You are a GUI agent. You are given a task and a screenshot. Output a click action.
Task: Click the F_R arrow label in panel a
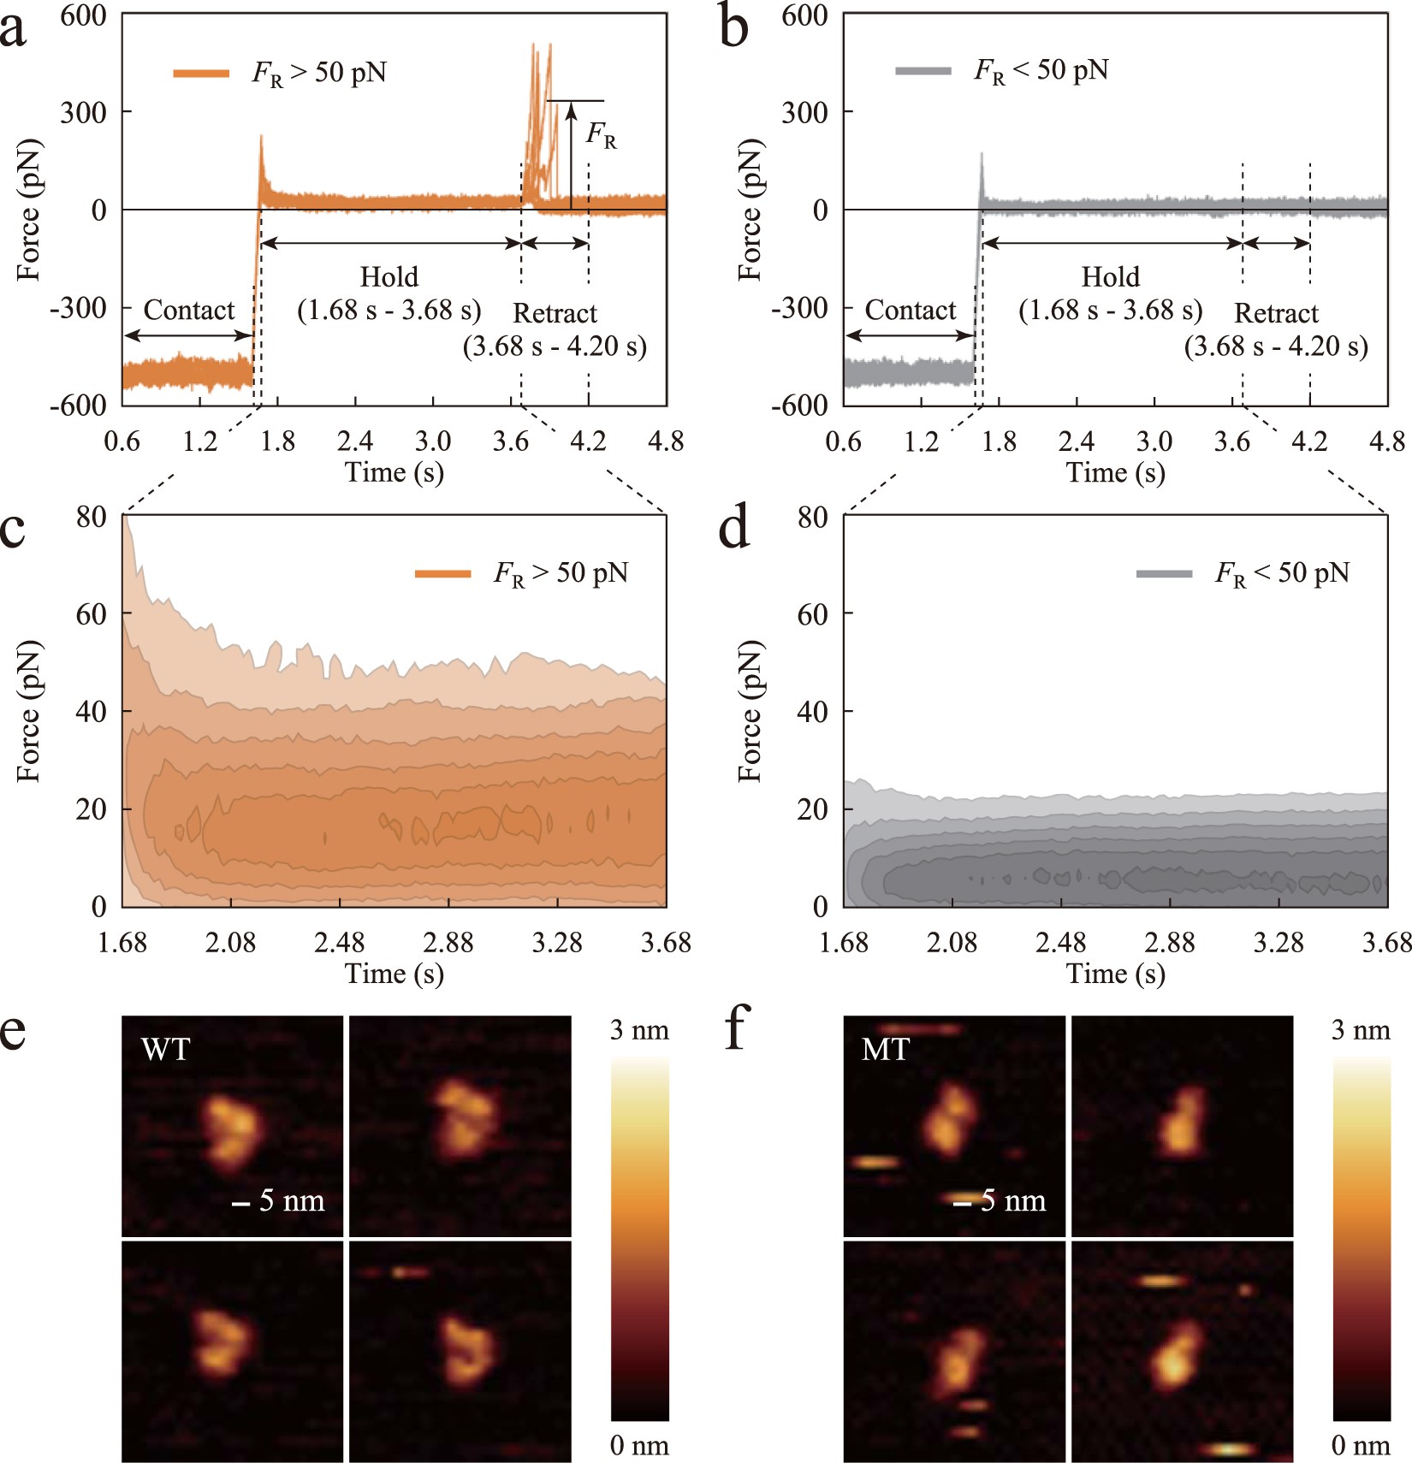click(x=601, y=135)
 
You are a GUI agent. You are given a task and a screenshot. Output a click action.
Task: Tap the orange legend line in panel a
click(x=201, y=74)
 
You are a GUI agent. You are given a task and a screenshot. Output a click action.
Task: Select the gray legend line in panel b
click(x=923, y=71)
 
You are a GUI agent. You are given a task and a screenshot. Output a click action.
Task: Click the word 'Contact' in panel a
click(x=188, y=310)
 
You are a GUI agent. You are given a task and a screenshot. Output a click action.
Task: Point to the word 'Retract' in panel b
click(x=1276, y=313)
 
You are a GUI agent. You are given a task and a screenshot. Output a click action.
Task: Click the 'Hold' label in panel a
click(x=389, y=276)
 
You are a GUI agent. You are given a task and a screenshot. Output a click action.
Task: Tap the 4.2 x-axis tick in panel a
click(x=588, y=441)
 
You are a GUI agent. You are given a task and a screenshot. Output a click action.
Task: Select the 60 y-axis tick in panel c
click(x=91, y=613)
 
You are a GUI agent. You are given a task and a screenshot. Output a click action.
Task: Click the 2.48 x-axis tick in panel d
click(x=1060, y=943)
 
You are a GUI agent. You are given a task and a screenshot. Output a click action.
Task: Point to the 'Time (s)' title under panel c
click(x=394, y=974)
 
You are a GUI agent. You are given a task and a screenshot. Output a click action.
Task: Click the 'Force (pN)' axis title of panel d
click(x=750, y=711)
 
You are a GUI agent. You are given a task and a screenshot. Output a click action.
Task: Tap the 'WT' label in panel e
click(x=165, y=1049)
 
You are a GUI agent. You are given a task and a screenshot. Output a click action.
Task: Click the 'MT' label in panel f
click(x=885, y=1049)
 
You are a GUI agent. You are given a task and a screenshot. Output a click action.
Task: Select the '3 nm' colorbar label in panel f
click(x=1361, y=1030)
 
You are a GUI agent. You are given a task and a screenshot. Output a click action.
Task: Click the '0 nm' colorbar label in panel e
click(x=639, y=1446)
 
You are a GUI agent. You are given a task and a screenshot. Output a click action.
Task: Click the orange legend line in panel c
click(x=442, y=574)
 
